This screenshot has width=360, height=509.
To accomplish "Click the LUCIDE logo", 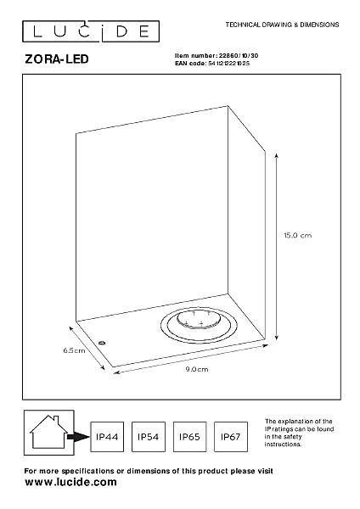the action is tap(91, 31).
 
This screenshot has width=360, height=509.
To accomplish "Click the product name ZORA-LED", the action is tap(57, 59).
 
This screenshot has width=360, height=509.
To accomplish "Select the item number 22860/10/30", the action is tap(239, 55).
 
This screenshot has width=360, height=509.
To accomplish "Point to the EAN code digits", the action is tap(228, 64).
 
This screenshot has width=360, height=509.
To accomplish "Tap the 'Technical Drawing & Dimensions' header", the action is tap(283, 25).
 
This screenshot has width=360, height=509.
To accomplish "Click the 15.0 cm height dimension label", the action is tap(298, 235).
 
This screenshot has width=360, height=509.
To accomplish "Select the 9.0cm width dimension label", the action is tap(197, 369).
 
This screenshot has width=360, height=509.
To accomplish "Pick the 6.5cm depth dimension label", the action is tap(74, 350).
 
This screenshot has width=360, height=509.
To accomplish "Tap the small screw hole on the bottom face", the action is tap(102, 342).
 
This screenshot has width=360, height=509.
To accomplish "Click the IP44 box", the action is tap(107, 437).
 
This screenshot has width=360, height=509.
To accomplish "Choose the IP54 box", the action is tap(148, 437).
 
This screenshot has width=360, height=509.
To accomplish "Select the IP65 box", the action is tap(189, 437).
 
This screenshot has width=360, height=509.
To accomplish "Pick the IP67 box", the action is tap(230, 437).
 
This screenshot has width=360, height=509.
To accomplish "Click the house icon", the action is tap(48, 432).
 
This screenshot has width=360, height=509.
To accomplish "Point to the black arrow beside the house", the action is tap(78, 437).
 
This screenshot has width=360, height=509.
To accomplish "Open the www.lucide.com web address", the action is tap(70, 482).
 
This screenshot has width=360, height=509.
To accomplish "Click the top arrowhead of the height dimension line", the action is tap(276, 155).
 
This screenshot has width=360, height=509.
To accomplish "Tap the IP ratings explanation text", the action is tap(299, 433).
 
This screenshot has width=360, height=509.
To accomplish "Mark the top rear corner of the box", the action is tap(228, 106).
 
